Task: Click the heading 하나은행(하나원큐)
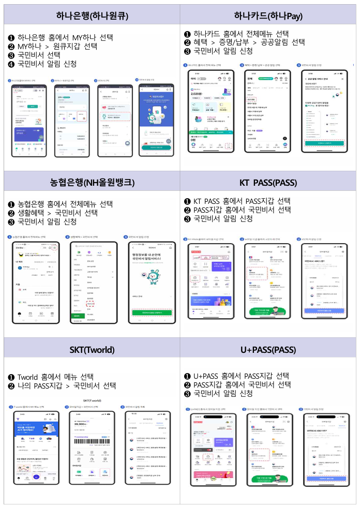pyautogui.click(x=92, y=16)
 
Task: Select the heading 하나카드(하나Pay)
pyautogui.click(x=268, y=16)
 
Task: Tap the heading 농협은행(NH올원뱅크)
pyautogui.click(x=92, y=182)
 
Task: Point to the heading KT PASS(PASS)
pyautogui.click(x=268, y=182)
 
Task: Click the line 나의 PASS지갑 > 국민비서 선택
pyautogui.click(x=66, y=385)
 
